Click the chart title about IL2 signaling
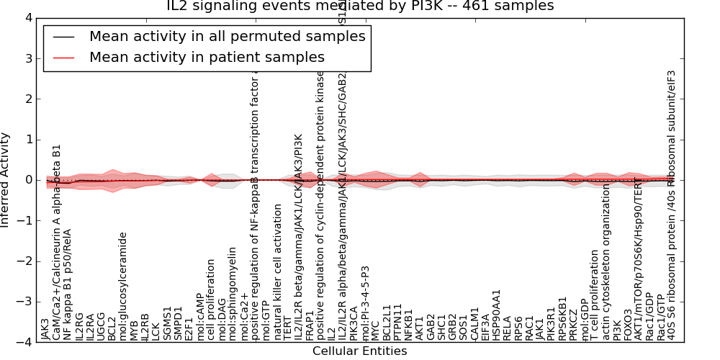coord(360,6)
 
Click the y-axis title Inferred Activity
coord(6,180)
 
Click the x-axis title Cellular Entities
coord(359,351)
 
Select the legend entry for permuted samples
coord(227,36)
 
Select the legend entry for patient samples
coord(207,57)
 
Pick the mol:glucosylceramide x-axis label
coord(123,286)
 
